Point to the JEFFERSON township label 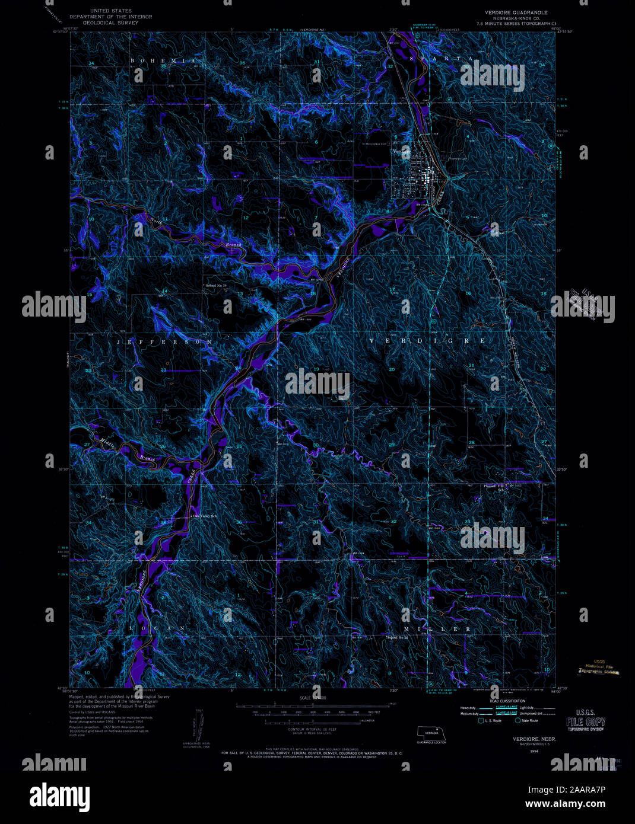165,343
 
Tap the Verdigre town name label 401,151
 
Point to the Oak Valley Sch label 205,516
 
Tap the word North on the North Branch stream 156,222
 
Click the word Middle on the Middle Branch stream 107,442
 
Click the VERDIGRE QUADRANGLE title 512,12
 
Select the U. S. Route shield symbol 480,720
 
